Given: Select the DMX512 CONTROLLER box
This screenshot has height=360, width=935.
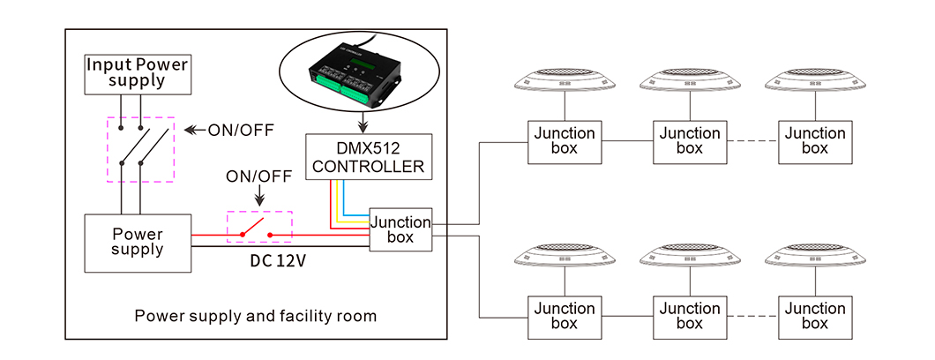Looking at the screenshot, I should tap(369, 155).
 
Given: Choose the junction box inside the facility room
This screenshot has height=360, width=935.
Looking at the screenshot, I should tap(400, 230).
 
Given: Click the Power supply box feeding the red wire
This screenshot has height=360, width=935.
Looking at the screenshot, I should tap(137, 243).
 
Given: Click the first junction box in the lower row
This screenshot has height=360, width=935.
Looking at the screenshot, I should tap(565, 316).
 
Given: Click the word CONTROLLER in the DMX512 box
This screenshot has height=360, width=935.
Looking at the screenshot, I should tap(369, 165).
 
